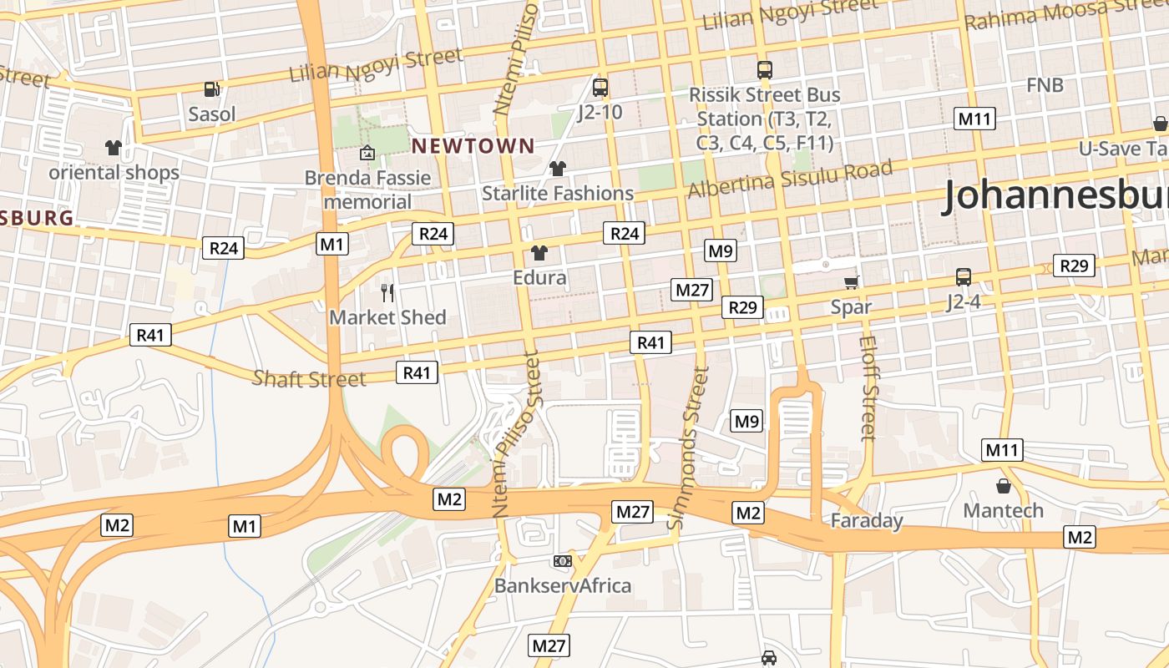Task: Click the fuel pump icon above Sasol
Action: click(212, 89)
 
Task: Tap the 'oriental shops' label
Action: click(114, 173)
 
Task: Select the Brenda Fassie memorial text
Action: click(367, 190)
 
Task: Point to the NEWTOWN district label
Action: click(473, 146)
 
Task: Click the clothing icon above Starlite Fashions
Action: click(558, 169)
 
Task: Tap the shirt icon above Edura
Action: click(539, 252)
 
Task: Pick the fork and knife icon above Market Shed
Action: click(387, 292)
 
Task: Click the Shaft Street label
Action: click(309, 379)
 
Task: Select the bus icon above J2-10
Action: click(600, 87)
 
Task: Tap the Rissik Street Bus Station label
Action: click(764, 119)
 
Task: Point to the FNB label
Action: click(1045, 85)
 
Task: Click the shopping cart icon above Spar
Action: click(851, 282)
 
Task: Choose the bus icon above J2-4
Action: click(963, 276)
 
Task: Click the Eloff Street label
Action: click(868, 387)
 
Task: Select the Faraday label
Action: click(867, 521)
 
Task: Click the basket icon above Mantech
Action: click(1003, 485)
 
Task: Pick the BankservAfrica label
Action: click(563, 585)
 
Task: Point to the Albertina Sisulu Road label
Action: click(789, 179)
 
